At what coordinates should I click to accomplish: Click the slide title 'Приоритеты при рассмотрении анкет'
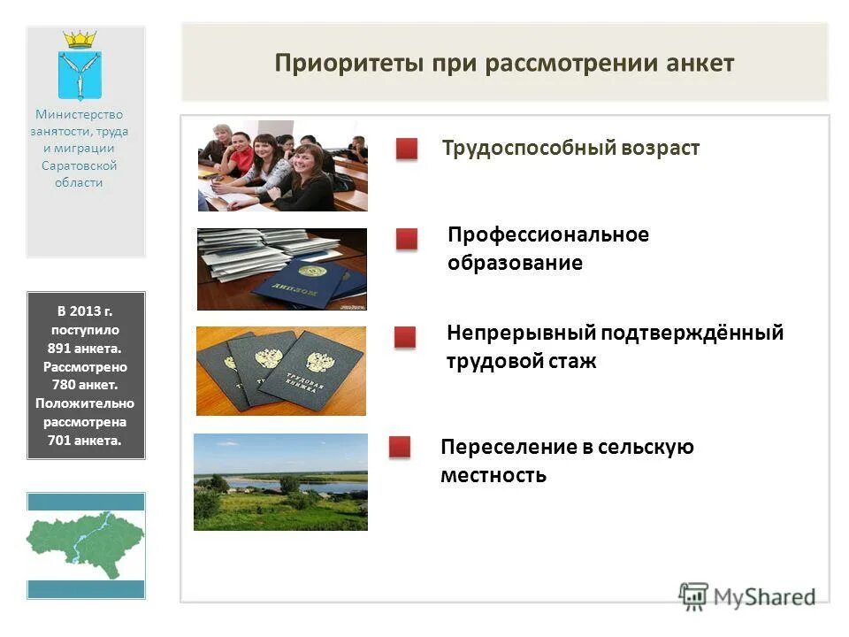pos(504,64)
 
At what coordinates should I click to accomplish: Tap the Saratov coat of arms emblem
pos(80,66)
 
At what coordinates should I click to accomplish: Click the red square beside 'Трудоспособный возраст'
pos(407,150)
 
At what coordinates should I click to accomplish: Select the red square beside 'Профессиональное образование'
pos(407,239)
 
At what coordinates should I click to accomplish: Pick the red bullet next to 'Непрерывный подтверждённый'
pos(405,337)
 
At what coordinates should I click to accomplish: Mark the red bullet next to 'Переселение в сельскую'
pos(400,447)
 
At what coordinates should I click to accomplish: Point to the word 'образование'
pos(515,263)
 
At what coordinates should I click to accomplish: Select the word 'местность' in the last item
pos(493,475)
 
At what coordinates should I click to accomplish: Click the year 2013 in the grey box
pos(88,311)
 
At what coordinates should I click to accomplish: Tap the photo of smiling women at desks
pos(282,165)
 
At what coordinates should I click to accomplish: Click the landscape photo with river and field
pos(280,481)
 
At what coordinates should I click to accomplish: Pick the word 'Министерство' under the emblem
pos(80,114)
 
